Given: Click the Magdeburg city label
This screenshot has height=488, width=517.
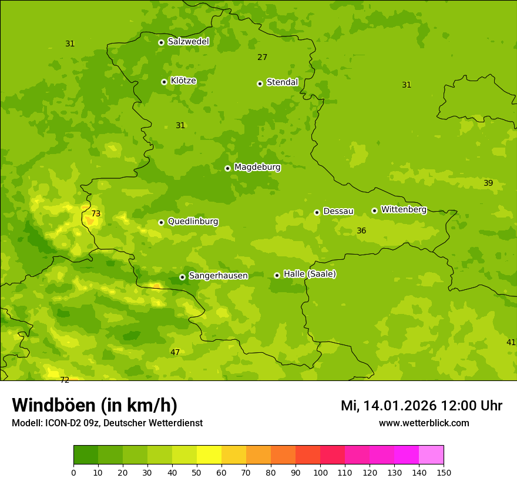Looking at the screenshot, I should click(x=257, y=168).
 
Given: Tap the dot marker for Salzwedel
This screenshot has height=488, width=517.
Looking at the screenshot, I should click(x=161, y=42).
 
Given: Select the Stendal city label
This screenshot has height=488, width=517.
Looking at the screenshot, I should click(x=283, y=82).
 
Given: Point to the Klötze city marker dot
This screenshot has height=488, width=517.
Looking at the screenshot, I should click(x=164, y=82).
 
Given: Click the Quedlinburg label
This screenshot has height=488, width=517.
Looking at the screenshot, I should click(x=193, y=222).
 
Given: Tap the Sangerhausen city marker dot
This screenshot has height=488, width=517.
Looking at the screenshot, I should click(x=182, y=277).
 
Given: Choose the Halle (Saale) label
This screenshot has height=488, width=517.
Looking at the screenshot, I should click(x=310, y=274).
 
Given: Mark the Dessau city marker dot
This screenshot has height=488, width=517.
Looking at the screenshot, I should click(x=317, y=212).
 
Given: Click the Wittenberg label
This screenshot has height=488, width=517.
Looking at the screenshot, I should click(x=404, y=209).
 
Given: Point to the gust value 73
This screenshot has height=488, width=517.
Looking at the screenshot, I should click(x=96, y=214).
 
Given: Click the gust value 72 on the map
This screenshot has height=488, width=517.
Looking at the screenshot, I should click(x=65, y=380).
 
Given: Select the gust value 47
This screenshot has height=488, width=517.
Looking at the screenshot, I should click(x=175, y=353).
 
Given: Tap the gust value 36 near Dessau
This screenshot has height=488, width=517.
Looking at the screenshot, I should click(x=361, y=231).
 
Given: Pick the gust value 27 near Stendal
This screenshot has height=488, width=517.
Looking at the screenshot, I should click(x=262, y=58).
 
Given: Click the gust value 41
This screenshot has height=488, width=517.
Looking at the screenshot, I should click(x=511, y=342).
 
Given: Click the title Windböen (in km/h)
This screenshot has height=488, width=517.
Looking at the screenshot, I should click(x=95, y=405).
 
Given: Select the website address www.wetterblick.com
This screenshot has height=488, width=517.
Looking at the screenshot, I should click(x=424, y=423).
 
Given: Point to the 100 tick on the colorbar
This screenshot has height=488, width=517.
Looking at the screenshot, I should click(x=320, y=472).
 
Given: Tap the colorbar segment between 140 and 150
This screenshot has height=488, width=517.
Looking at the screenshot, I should click(x=431, y=455).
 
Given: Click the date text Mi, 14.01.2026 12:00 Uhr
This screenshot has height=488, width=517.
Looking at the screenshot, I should click(x=421, y=406).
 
